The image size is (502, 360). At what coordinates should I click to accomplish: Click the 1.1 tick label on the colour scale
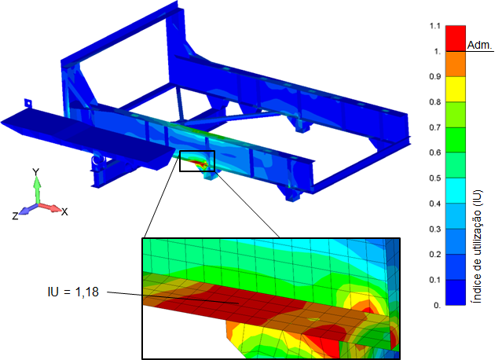pos(435,26)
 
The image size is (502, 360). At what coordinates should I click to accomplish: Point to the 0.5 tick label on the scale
pos(435,178)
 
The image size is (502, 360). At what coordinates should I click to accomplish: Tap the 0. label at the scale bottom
pos(438,305)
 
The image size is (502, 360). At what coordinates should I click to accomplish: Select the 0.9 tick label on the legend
pos(435,76)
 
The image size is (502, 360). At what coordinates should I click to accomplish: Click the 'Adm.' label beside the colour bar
pos(479,45)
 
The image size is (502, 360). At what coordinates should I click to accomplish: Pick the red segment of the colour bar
pos(456,39)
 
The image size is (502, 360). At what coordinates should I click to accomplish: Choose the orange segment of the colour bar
pos(456,64)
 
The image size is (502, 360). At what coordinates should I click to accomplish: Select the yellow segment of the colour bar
pos(456,89)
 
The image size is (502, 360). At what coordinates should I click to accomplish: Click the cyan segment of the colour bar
pos(456,190)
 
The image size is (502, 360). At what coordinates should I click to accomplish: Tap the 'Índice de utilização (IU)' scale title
pos(478,247)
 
